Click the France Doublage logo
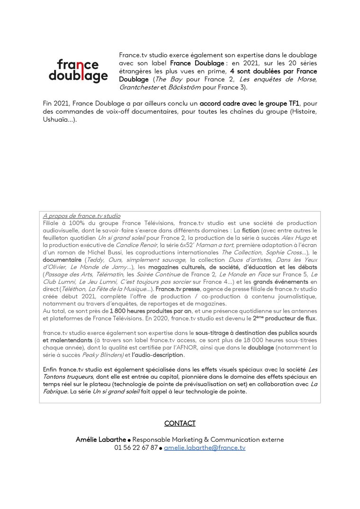pyautogui.click(x=78, y=71)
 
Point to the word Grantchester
pyautogui.click(x=139, y=88)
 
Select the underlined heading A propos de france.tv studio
pyautogui.click(x=81, y=216)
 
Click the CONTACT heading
pyautogui.click(x=180, y=423)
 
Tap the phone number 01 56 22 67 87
pyautogui.click(x=136, y=447)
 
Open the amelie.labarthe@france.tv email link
pyautogui.click(x=205, y=447)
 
